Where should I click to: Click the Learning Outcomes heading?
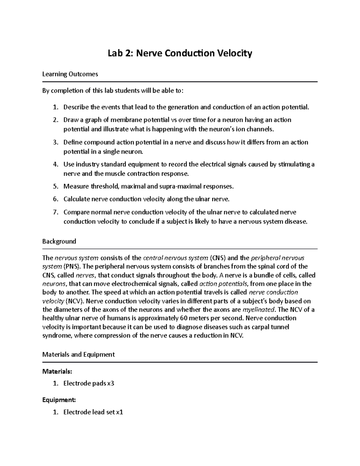click(70, 74)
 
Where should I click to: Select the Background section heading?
click(59, 241)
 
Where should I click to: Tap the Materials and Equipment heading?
click(78, 354)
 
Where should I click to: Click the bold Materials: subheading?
click(57, 371)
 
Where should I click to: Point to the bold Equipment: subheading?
click(59, 400)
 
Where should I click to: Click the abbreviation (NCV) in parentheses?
click(73, 301)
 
